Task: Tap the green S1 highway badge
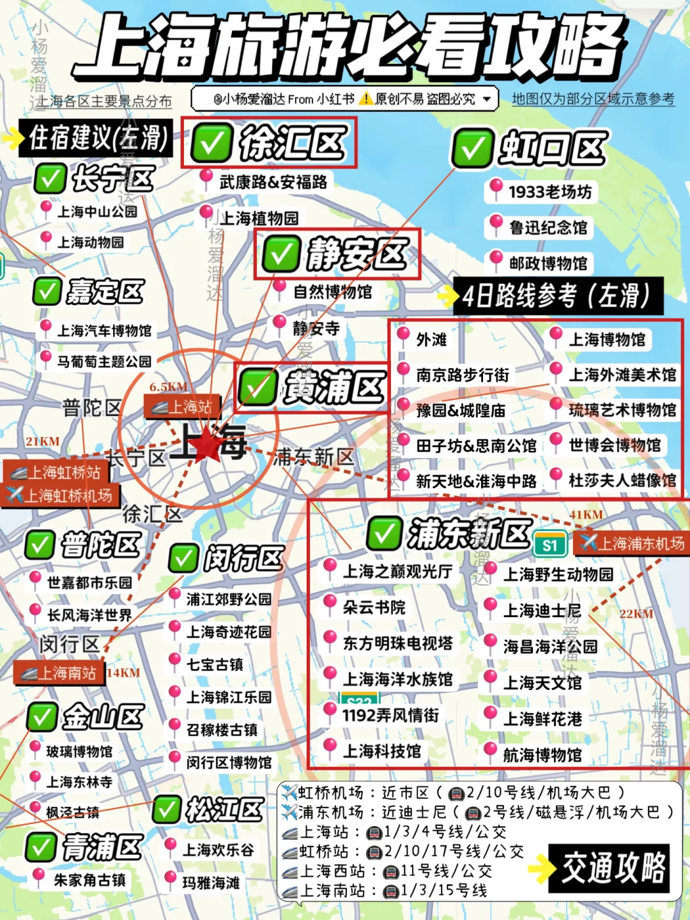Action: click(x=550, y=544)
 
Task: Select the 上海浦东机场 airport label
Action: click(x=632, y=543)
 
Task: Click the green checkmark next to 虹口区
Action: click(x=473, y=149)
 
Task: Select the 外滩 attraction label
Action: click(x=431, y=339)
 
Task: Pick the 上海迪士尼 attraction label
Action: click(x=542, y=611)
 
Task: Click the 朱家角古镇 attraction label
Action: click(x=89, y=880)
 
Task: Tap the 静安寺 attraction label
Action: click(x=316, y=328)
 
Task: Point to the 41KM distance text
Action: click(x=586, y=515)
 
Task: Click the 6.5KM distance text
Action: click(x=169, y=387)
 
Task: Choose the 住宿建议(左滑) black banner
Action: click(x=96, y=137)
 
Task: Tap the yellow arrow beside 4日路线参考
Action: click(x=448, y=296)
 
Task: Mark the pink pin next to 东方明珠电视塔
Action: click(x=330, y=639)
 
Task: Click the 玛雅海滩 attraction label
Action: click(x=211, y=882)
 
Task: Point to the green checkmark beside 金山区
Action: click(x=42, y=717)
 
